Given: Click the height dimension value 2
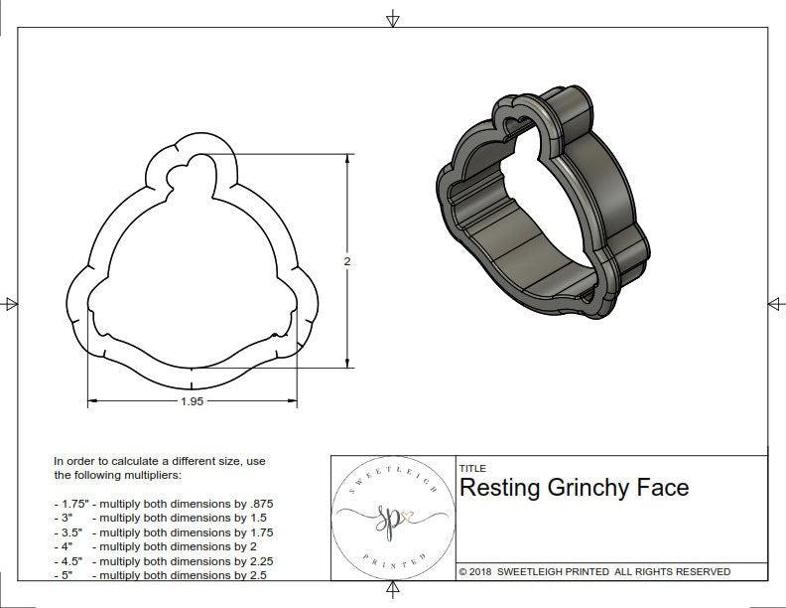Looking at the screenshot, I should [x=346, y=260].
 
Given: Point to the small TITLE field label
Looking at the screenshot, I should [x=472, y=468].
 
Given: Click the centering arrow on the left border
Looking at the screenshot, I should [x=11, y=304].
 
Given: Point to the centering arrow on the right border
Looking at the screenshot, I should [x=774, y=304].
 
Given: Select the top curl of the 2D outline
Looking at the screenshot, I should [x=195, y=169].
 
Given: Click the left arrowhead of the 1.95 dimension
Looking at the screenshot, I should [x=93, y=401].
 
